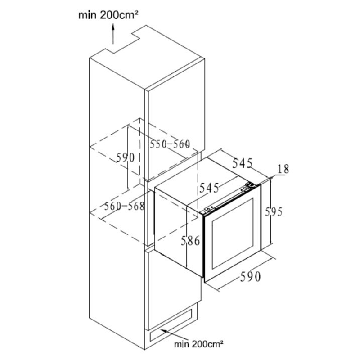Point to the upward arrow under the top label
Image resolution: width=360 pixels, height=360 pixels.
tap(113, 34)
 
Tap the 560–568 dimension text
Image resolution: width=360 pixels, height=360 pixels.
tap(124, 207)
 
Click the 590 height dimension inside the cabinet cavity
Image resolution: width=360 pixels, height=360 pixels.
tap(125, 158)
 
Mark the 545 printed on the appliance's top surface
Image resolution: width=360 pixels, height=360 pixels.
tap(209, 187)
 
